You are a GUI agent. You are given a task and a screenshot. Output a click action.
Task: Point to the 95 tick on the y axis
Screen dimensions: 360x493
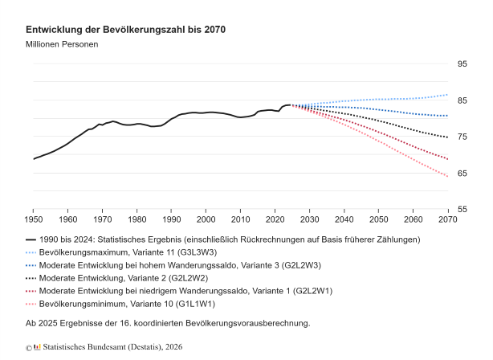[462, 64]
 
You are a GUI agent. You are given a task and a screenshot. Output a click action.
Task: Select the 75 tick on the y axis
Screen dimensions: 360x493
[462, 137]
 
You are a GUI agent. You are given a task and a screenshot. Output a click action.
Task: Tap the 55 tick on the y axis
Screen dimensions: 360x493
[462, 210]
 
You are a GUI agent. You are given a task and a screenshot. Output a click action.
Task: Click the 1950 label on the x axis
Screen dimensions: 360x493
[33, 219]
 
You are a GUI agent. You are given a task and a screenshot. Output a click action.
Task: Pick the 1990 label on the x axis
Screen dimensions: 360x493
[170, 219]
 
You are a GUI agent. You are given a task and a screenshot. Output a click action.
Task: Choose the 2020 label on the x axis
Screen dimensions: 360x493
[274, 219]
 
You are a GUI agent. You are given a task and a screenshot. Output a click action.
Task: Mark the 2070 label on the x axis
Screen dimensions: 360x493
[447, 219]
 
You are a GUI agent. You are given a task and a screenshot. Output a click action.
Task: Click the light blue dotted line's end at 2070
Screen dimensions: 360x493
[447, 95]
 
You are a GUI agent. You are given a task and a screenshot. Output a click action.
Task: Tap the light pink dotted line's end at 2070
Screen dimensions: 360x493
[447, 177]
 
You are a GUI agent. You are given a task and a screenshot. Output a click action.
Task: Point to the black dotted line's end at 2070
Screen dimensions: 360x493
[447, 137]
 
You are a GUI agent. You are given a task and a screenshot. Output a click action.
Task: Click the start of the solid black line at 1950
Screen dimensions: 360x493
[33, 159]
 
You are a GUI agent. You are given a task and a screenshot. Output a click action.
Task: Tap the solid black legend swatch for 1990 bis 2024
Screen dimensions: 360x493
[31, 239]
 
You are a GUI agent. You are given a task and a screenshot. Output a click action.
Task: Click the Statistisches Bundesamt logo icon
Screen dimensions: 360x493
[37, 347]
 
